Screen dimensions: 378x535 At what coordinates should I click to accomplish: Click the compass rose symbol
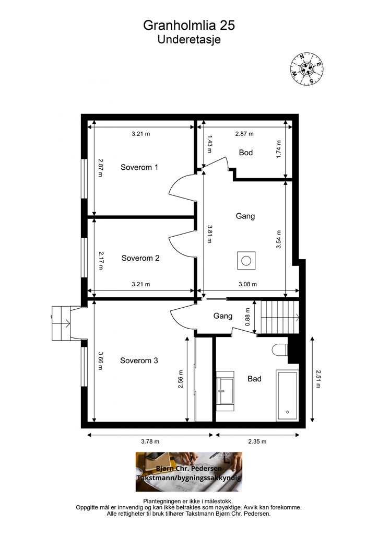coord(307,69)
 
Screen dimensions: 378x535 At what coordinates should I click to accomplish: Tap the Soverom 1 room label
coord(139,167)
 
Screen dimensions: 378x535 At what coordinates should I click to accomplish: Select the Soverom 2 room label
coord(140,258)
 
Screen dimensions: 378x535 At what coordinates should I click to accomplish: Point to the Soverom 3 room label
coord(139,360)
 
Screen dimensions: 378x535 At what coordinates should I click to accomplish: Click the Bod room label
coord(246,152)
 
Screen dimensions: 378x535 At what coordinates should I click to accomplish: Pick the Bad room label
coord(255,379)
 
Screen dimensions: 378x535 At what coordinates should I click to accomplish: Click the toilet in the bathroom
coord(280,350)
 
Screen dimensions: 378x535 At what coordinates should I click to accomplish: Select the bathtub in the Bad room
coord(288,396)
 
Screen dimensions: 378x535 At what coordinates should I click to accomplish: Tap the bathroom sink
coord(225,388)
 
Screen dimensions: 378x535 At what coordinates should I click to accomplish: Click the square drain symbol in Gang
coord(246,261)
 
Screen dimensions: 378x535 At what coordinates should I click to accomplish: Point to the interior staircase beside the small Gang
coord(280,317)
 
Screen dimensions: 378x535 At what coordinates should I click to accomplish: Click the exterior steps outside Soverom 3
coord(62,323)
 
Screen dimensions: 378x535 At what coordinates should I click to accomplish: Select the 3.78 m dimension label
coord(150,441)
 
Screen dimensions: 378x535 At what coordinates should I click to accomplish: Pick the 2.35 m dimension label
coord(257,441)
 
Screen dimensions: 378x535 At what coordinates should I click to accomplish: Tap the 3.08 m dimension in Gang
coord(248,284)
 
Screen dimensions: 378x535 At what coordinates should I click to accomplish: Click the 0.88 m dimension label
coord(248,317)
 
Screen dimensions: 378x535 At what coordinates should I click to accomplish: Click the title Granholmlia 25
coord(189,25)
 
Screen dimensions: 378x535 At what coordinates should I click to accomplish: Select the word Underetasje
coord(189,40)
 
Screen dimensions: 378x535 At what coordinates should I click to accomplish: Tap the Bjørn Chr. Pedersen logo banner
coord(189,472)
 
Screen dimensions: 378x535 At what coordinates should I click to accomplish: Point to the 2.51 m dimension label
coord(318,379)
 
